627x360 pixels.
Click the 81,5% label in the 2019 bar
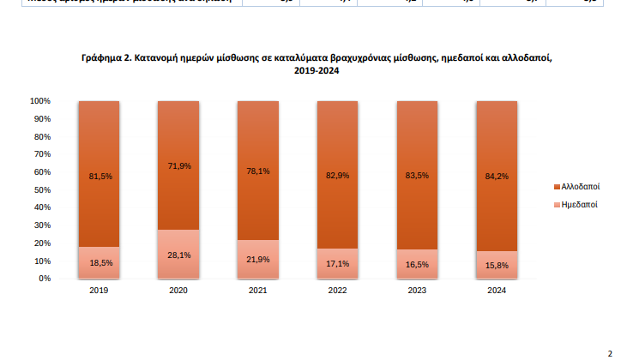tap(100, 177)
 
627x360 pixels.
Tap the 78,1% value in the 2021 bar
tap(258, 171)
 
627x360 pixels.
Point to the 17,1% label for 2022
tap(338, 263)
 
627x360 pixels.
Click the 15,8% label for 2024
tap(497, 265)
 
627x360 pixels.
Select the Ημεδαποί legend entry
tap(578, 205)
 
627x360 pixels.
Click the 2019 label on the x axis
tap(99, 290)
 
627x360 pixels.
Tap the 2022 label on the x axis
tap(338, 290)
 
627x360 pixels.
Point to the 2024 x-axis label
tap(497, 290)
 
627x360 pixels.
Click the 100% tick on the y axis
tap(41, 101)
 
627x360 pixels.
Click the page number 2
tap(610, 353)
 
